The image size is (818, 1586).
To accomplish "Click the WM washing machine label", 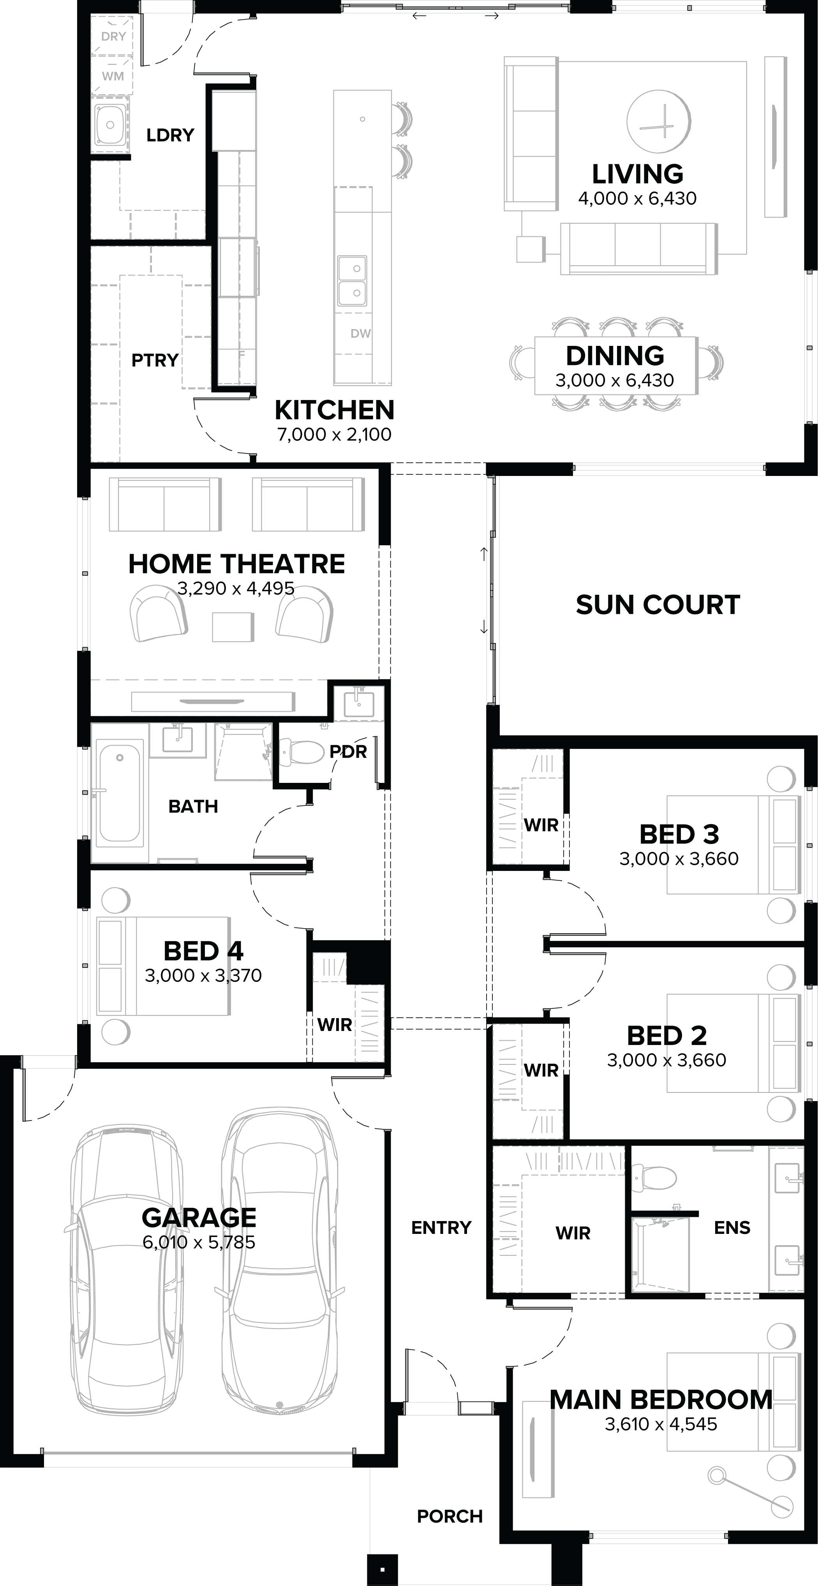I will [x=113, y=76].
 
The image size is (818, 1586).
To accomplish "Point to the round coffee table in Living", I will [x=658, y=121].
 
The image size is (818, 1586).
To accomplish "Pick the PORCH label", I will [x=450, y=1516].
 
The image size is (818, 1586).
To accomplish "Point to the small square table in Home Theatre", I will [x=233, y=627].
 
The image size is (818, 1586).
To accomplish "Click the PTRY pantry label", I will [x=155, y=360].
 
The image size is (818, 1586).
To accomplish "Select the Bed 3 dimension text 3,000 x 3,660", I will [x=679, y=859].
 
